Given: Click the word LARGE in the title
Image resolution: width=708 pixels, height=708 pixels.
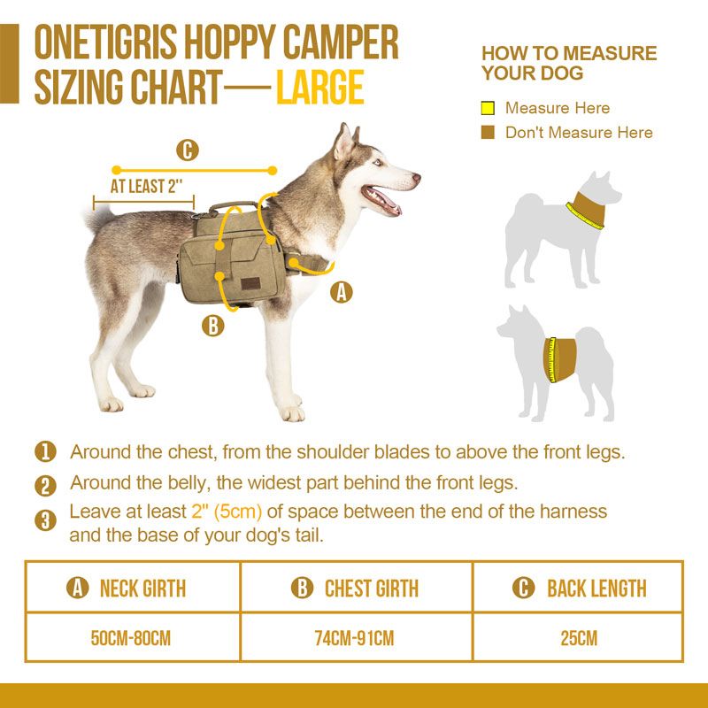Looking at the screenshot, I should (319, 88).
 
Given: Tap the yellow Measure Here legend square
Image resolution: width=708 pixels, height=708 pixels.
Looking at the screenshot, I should (487, 109).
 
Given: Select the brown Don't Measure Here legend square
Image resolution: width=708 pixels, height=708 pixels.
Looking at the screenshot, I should (487, 133).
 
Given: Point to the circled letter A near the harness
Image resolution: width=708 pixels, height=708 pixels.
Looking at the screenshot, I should (342, 292).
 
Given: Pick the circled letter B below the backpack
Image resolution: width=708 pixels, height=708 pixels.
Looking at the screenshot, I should (212, 326).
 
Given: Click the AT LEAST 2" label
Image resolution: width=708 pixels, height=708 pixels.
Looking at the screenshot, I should (146, 187).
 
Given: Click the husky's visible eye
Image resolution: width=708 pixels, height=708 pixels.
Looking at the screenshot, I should (375, 163).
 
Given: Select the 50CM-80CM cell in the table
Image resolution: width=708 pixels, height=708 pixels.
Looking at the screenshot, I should (133, 637).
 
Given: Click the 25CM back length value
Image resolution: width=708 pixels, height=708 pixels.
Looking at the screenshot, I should (579, 637).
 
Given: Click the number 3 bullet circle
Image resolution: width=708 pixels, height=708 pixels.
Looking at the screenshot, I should (45, 519).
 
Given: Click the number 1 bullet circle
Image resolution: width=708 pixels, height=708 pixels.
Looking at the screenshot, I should (45, 452).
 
